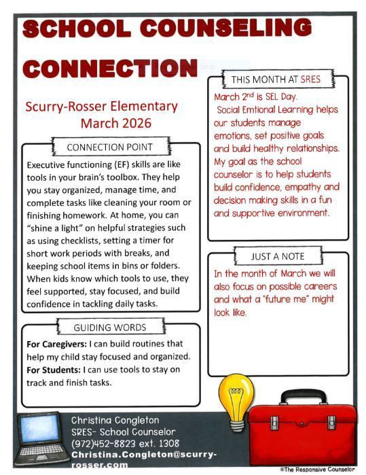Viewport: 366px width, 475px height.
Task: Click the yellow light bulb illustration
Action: click(x=235, y=394)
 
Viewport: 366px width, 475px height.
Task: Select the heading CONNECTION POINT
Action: click(x=110, y=147)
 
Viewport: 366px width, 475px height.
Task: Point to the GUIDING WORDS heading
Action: click(x=110, y=328)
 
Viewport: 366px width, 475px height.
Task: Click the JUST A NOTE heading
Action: click(x=278, y=256)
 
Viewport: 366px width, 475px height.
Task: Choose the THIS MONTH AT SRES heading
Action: click(x=276, y=80)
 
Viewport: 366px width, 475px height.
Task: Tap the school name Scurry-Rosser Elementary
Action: click(x=101, y=107)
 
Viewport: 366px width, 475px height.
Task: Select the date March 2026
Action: click(x=116, y=123)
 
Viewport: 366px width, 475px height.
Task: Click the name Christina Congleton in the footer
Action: click(x=116, y=421)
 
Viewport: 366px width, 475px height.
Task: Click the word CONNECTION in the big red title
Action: click(x=109, y=69)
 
